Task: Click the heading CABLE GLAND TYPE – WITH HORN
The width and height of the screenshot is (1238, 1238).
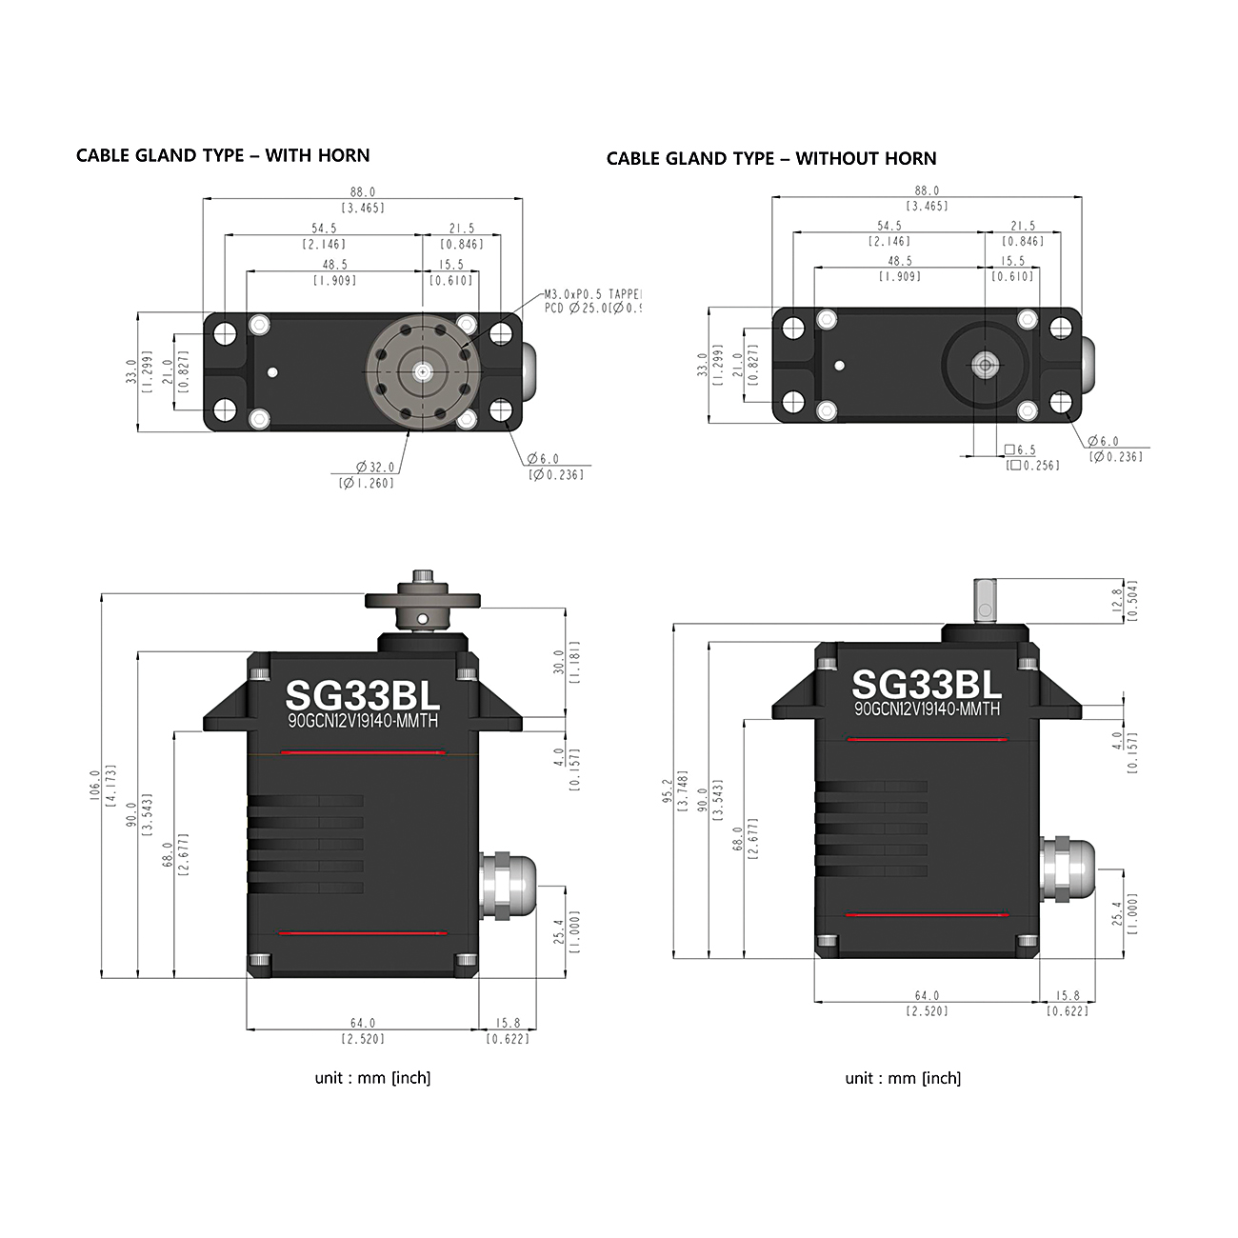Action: pos(222,155)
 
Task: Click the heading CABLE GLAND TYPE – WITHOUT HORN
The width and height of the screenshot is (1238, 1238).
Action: pos(771,159)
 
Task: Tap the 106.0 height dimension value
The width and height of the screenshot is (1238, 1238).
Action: pos(95,786)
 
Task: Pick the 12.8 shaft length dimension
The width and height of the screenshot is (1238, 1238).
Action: pos(1116,600)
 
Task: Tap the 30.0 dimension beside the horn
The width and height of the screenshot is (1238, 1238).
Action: pos(559,662)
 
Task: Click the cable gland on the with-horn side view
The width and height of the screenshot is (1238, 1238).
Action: pos(508,886)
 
